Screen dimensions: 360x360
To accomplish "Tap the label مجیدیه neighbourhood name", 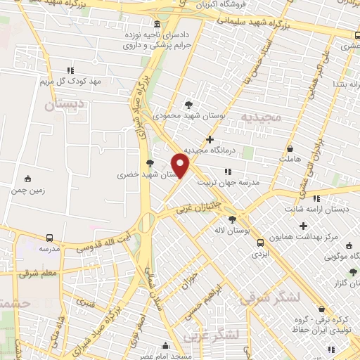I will tap(262, 115).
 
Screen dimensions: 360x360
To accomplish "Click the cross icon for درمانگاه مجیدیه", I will tap(210, 139).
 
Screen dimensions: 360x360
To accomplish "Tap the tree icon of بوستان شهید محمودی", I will tap(188, 103).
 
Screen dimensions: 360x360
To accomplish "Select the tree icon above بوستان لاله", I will tap(232, 219).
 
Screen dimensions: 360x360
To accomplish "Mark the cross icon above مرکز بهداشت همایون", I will tap(304, 226).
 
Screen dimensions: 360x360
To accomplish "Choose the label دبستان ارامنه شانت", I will tap(314, 210).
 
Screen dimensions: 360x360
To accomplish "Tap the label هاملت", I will tap(290, 160).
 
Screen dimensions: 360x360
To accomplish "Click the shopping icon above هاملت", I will tap(290, 149).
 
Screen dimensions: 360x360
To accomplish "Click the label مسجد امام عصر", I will tap(165, 356).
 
